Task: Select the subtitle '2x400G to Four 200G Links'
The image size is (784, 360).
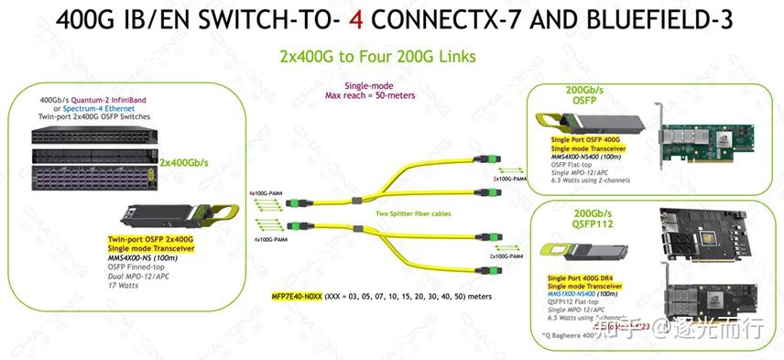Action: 377,57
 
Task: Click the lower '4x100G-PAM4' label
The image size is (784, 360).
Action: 266,239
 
